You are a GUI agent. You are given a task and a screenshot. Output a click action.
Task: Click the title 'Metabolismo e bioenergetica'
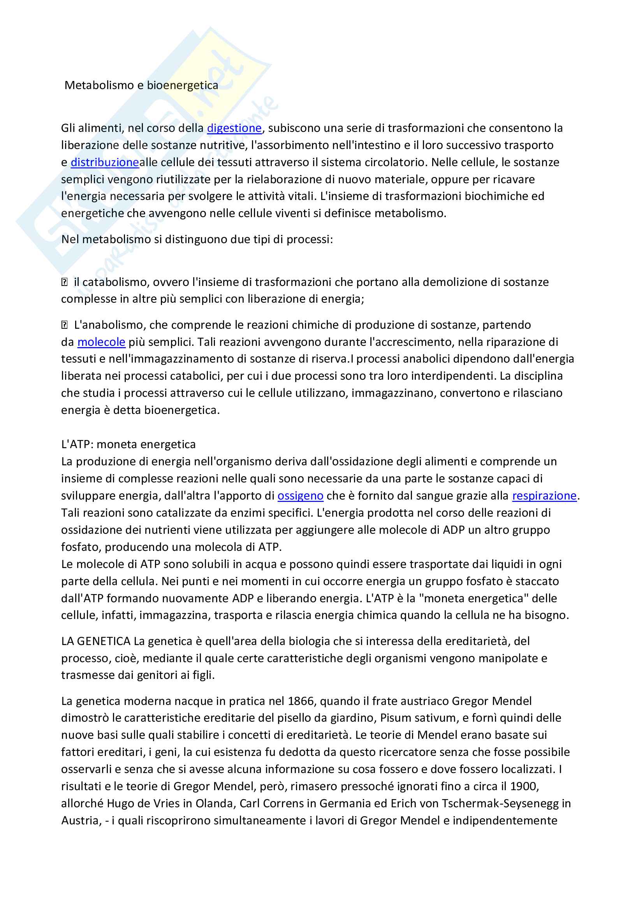[141, 85]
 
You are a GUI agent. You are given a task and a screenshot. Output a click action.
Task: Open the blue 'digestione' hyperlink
[234, 128]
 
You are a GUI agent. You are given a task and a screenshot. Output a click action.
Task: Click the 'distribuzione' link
[105, 162]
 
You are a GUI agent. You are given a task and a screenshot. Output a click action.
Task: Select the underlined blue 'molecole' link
[101, 342]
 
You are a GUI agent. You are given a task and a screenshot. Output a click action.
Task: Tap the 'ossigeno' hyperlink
[300, 495]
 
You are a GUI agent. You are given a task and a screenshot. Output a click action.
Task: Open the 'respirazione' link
[544, 495]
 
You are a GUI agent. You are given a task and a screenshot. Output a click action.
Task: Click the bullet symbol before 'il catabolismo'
[65, 282]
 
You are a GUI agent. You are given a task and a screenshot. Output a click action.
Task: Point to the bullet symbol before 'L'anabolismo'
[65, 325]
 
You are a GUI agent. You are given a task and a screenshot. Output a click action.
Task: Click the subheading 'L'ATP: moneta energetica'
[128, 444]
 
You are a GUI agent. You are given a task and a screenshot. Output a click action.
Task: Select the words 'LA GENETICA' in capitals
[95, 641]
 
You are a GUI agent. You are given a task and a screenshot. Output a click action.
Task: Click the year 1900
[524, 786]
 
